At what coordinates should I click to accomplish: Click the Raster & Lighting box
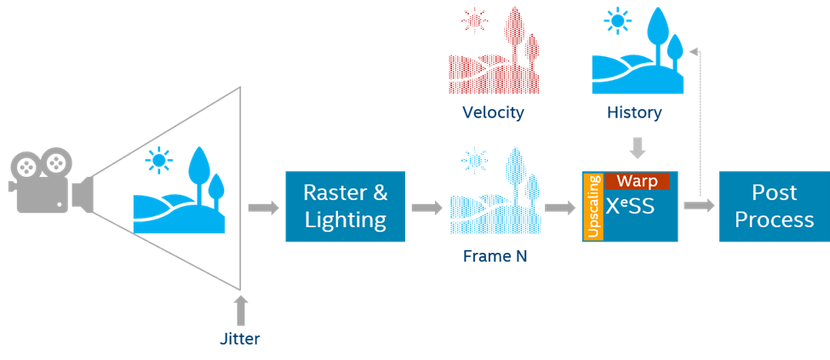pyautogui.click(x=345, y=206)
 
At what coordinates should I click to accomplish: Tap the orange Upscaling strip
pyautogui.click(x=592, y=207)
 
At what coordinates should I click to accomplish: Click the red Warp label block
pyautogui.click(x=638, y=181)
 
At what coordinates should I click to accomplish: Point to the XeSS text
pyautogui.click(x=630, y=207)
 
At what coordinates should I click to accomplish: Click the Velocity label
pyautogui.click(x=493, y=112)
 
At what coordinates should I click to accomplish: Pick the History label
pyautogui.click(x=634, y=112)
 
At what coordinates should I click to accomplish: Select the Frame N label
pyautogui.click(x=495, y=254)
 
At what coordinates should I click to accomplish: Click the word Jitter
pyautogui.click(x=239, y=339)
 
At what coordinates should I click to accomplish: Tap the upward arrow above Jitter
pyautogui.click(x=240, y=310)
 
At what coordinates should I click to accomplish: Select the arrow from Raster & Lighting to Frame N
pyautogui.click(x=426, y=208)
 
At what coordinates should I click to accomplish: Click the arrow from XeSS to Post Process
pyautogui.click(x=698, y=206)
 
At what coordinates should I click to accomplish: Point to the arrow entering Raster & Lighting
pyautogui.click(x=263, y=208)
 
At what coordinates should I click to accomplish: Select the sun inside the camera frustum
pyautogui.click(x=158, y=160)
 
